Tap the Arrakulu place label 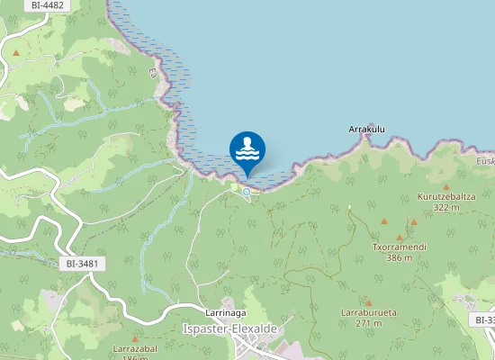pos(367,130)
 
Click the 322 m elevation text pos(445,207)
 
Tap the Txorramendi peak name pos(399,247)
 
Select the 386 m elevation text pos(399,257)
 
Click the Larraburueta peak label pos(369,312)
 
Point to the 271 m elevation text pos(369,323)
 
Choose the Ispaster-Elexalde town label pos(229,328)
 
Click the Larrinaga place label pos(226,312)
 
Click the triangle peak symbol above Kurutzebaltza pos(445,176)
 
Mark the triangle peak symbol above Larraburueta pos(368,301)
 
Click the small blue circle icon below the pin pos(246,191)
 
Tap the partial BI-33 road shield pos(484,319)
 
